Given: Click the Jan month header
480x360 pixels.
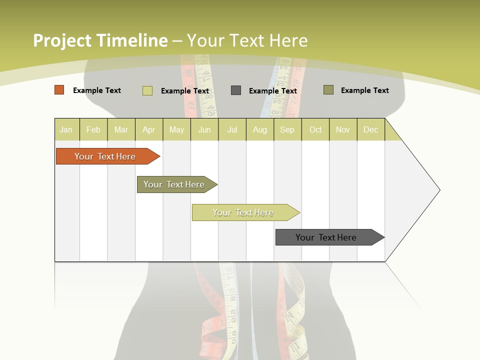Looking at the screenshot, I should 66,129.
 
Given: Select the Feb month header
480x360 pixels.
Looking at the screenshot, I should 93,129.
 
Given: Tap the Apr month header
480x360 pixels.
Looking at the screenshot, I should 148,129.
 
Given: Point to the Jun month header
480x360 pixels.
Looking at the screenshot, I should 204,129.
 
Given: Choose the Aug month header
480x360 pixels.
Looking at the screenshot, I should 259,129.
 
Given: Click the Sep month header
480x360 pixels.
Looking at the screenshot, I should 287,129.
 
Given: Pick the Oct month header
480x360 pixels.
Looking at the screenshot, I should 315,129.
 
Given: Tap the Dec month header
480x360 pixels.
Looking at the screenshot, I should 370,129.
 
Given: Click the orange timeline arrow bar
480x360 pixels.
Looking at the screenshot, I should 105,156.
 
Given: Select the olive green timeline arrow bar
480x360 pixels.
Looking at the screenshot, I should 174,184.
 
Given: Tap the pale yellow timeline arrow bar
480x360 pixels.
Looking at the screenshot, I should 243,212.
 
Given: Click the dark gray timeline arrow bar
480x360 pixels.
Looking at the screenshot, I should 326,237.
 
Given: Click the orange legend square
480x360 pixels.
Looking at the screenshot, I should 59,90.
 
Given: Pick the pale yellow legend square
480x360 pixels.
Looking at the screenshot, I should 147,90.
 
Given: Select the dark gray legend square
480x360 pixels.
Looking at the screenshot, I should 236,90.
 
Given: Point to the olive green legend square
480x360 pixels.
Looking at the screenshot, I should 328,90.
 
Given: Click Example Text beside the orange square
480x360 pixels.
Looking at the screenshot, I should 97,90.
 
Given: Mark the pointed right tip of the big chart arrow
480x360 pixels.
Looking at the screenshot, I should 439,190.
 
